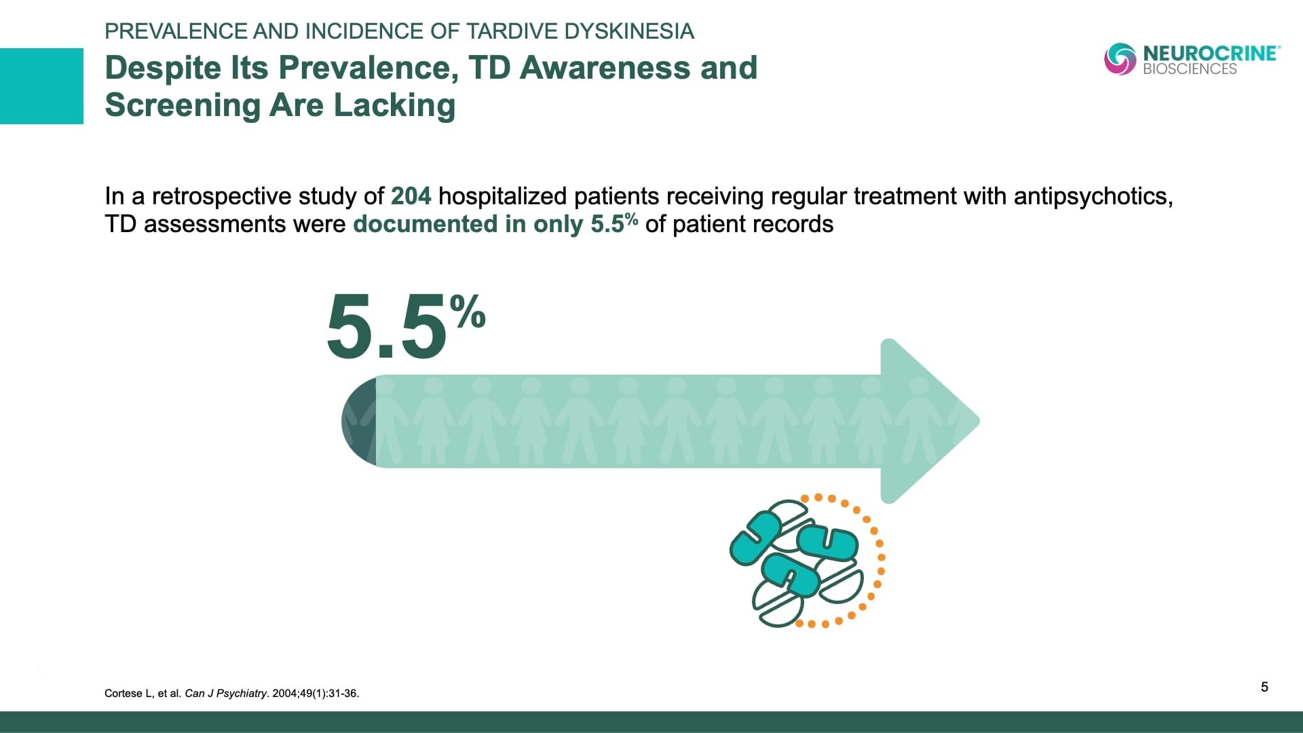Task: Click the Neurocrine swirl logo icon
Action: point(1120,59)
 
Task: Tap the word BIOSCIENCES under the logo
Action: point(1190,69)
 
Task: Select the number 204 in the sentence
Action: point(411,196)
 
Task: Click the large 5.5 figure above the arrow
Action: point(387,327)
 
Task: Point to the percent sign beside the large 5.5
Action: point(468,310)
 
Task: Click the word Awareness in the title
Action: point(639,68)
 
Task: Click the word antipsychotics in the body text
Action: point(1093,197)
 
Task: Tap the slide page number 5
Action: point(1264,687)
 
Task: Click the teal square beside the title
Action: point(41,86)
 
